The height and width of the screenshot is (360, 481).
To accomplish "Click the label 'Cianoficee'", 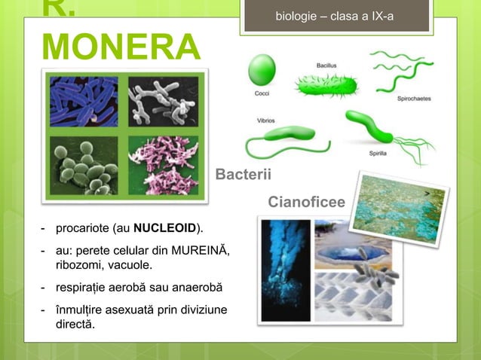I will point(306,202).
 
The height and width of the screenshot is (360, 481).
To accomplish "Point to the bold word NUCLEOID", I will point(164,228).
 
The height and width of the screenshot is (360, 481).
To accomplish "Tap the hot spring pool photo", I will point(355,245).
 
